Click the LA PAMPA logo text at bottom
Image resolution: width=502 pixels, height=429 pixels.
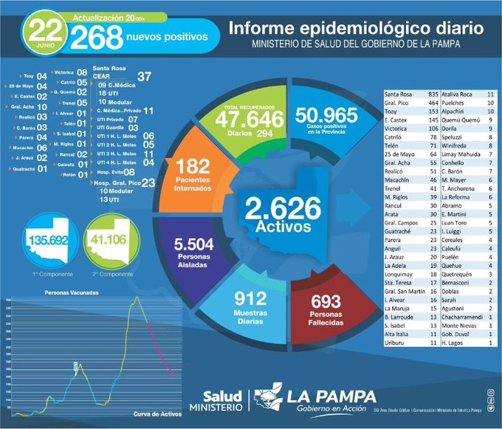pyautogui.click(x=330, y=397)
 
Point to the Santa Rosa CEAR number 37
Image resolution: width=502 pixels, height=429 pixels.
pyautogui.click(x=144, y=77)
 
